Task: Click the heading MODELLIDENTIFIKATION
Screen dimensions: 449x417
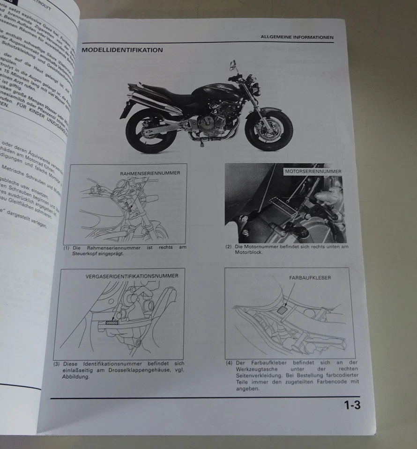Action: (122, 50)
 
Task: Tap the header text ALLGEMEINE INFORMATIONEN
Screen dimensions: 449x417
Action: (297, 37)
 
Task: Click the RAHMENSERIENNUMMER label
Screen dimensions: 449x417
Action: (150, 173)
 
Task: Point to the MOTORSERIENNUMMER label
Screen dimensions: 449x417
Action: (313, 172)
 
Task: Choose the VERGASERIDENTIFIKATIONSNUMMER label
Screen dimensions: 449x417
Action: (132, 276)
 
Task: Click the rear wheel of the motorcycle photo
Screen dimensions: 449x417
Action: (148, 133)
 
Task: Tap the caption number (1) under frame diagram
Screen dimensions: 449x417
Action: (67, 247)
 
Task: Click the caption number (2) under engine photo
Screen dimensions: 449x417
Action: (229, 246)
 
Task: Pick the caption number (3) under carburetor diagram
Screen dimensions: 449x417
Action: (56, 363)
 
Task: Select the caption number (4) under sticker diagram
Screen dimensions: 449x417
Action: (229, 362)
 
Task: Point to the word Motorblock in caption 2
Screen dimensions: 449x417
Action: (248, 252)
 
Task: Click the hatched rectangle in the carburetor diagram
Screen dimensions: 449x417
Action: (113, 322)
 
